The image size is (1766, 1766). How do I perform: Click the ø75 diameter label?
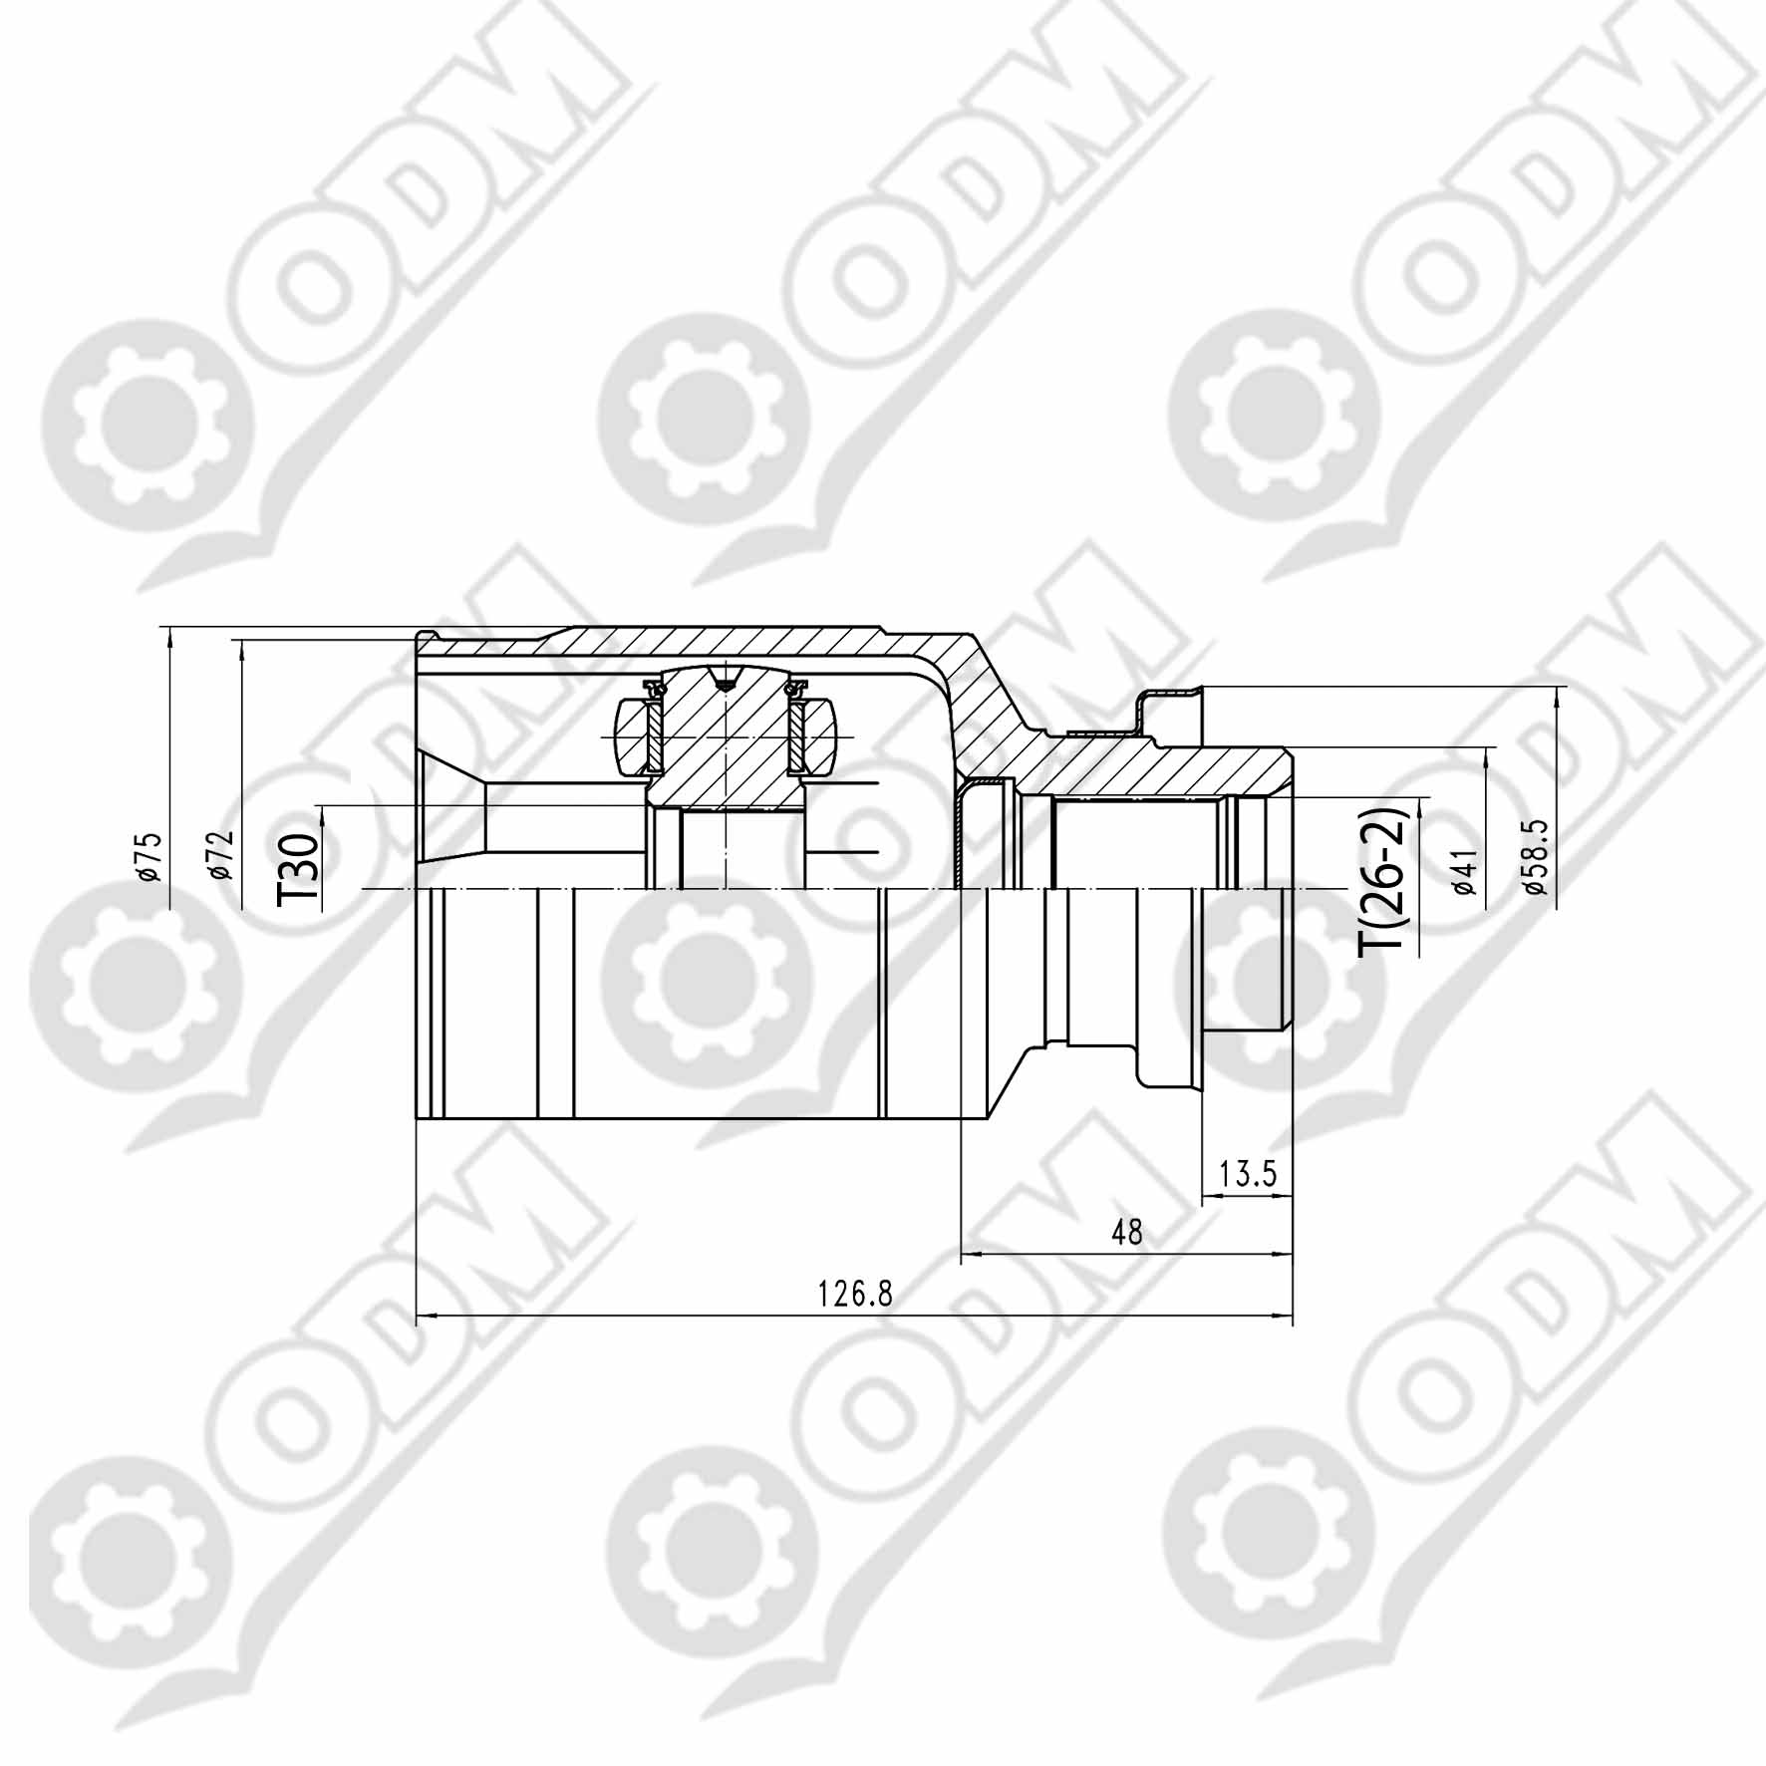pyautogui.click(x=150, y=855)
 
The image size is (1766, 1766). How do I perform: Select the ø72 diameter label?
pyautogui.click(x=222, y=855)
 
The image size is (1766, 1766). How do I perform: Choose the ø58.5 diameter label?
pyautogui.click(x=1535, y=857)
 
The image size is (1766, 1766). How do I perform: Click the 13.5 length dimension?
pyautogui.click(x=1248, y=1173)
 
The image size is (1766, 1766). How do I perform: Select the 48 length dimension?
pyautogui.click(x=1127, y=1233)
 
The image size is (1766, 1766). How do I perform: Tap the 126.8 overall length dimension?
pyautogui.click(x=855, y=1295)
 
